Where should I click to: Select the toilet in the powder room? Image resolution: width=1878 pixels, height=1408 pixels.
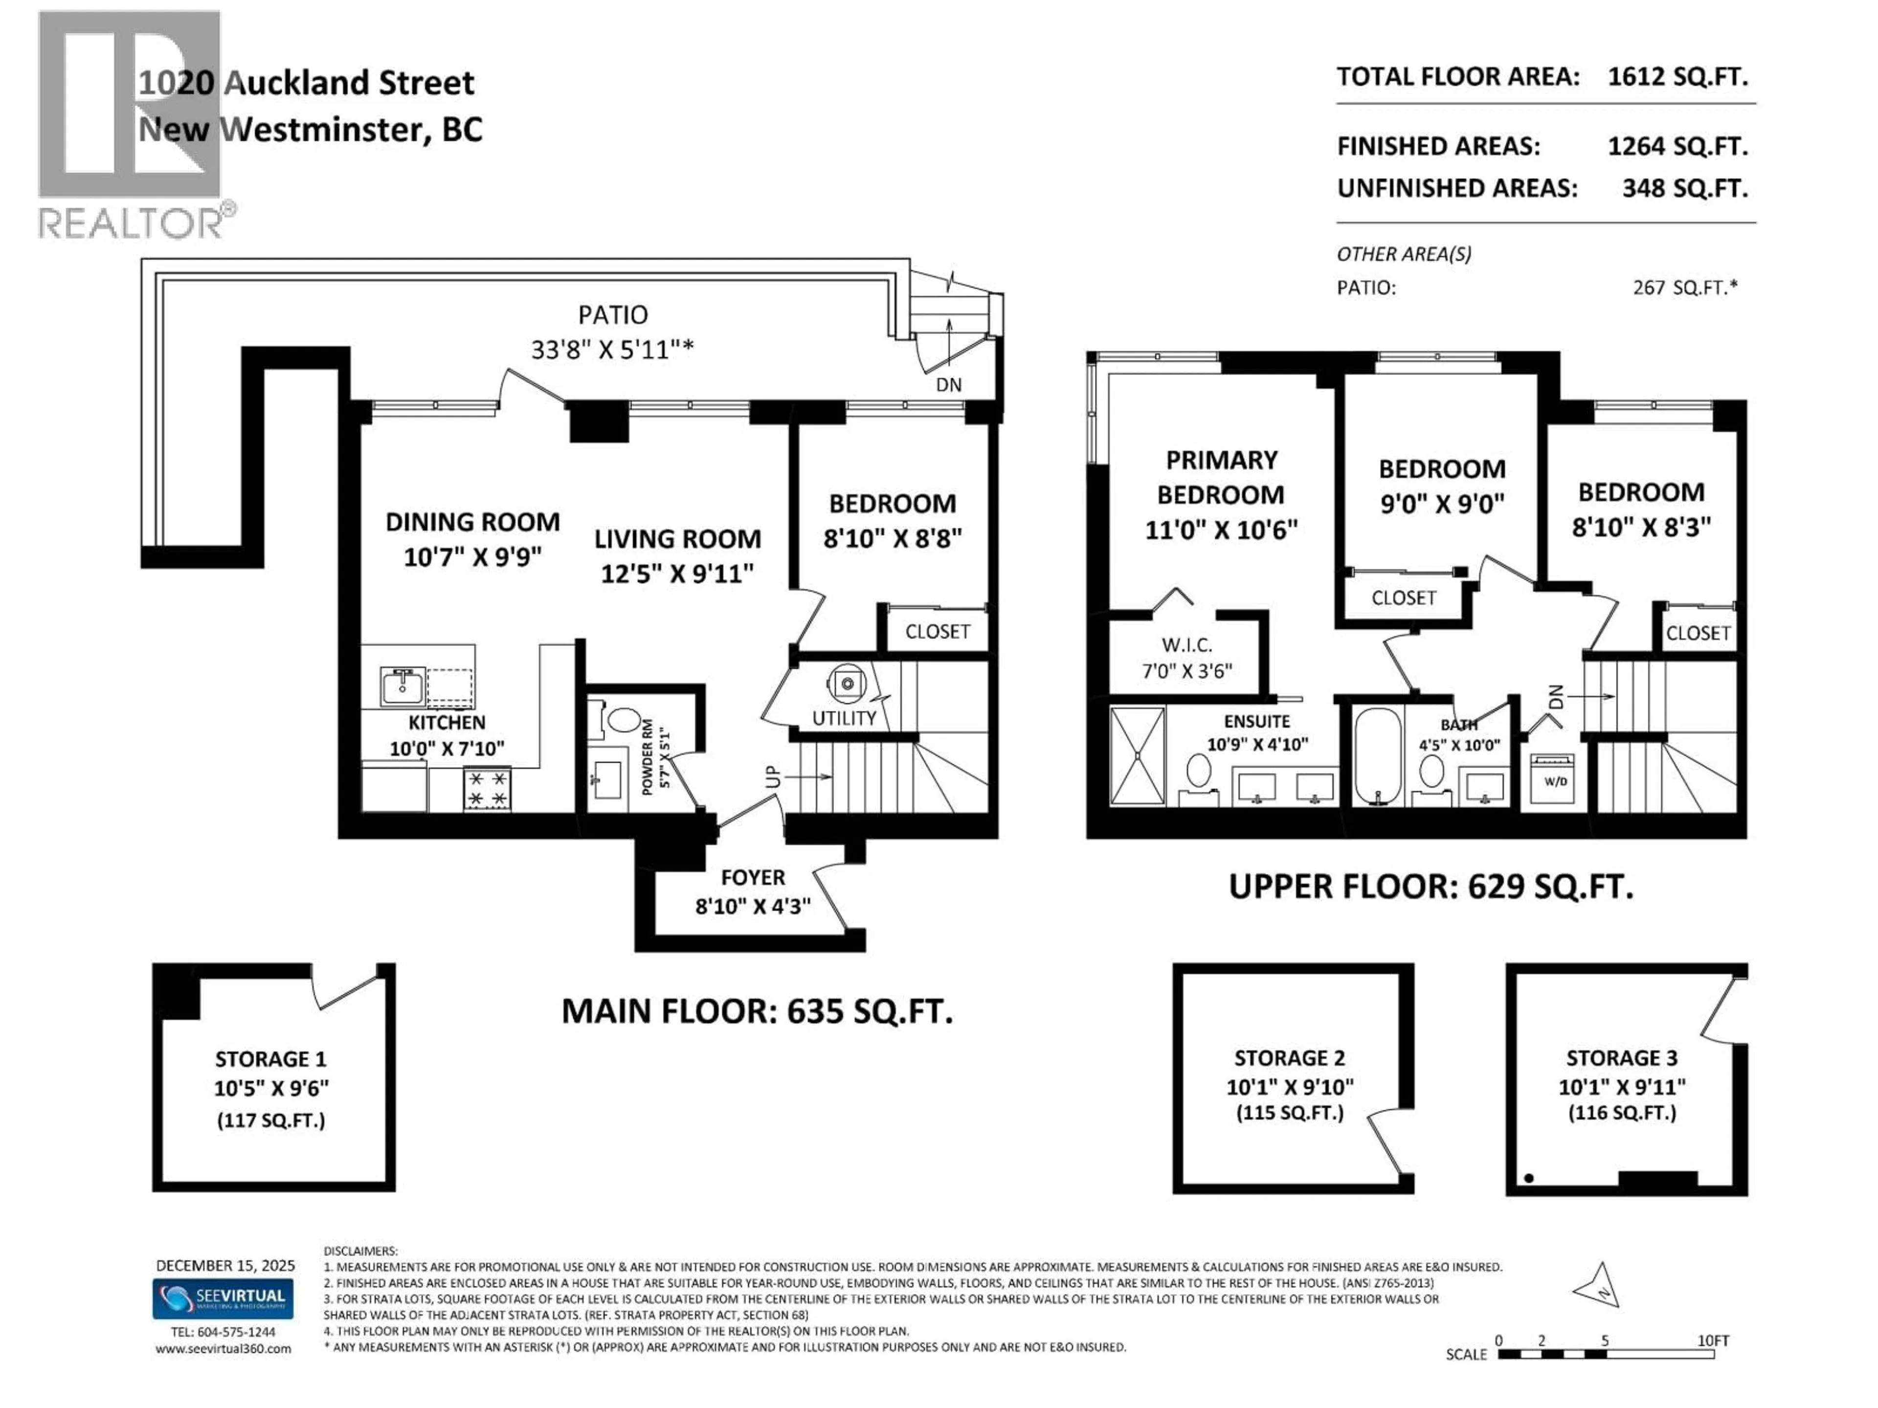[x=624, y=720]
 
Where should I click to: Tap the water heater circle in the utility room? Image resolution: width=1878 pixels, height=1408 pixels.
[x=847, y=683]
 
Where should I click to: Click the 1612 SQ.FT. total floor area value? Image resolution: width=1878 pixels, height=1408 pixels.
[x=1677, y=77]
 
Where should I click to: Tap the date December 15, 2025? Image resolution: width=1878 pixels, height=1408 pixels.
[x=225, y=1265]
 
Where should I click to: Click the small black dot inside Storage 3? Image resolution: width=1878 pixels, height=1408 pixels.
[x=1528, y=1178]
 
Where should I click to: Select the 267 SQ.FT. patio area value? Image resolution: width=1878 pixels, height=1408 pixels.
[x=1684, y=287]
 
